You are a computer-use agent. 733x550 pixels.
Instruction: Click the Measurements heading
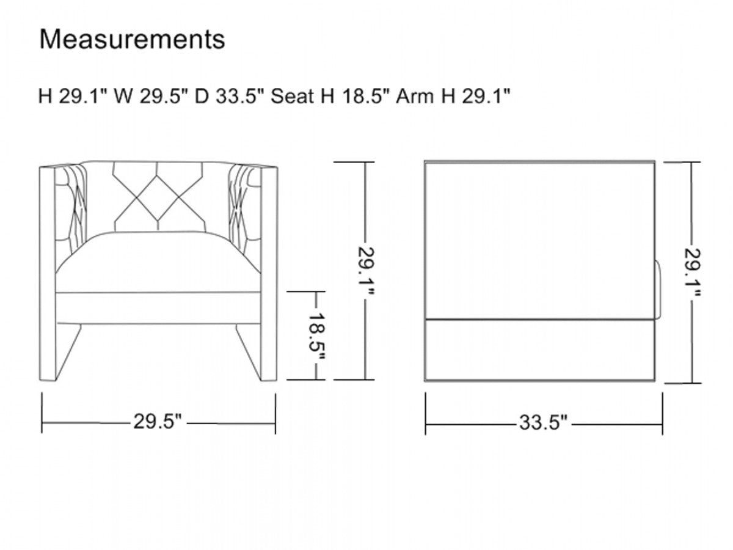coord(132,40)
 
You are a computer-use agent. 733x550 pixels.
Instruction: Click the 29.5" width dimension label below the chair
coord(158,422)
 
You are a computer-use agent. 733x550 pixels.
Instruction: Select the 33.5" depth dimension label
coord(543,423)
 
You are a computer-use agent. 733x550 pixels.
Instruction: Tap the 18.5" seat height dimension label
coord(316,337)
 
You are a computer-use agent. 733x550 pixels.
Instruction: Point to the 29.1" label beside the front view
coord(366,271)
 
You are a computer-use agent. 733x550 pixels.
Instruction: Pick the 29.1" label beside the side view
coord(693,273)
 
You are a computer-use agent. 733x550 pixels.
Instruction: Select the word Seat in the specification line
coord(292,97)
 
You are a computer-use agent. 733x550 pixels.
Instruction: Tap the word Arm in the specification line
coord(415,97)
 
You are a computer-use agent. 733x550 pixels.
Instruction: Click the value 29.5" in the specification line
coord(163,97)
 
